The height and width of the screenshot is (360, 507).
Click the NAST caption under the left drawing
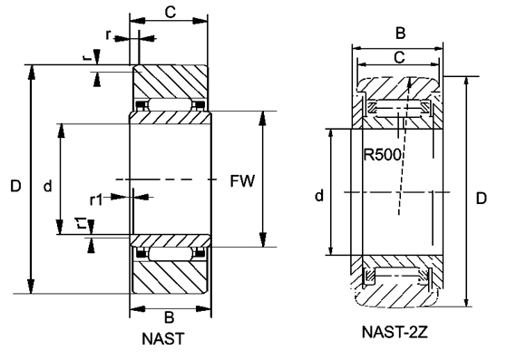(x=163, y=338)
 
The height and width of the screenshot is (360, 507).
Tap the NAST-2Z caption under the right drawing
(x=395, y=332)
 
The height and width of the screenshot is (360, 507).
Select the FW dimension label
(x=242, y=181)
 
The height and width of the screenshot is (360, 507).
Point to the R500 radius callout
(x=382, y=154)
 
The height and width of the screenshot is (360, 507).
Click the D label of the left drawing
(x=15, y=186)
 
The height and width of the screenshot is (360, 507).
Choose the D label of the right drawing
(x=481, y=198)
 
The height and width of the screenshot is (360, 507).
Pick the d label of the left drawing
(x=47, y=187)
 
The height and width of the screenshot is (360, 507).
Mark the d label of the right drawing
(x=319, y=196)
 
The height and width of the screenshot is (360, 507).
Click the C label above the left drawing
(x=171, y=13)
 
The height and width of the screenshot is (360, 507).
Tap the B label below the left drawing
(x=169, y=317)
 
